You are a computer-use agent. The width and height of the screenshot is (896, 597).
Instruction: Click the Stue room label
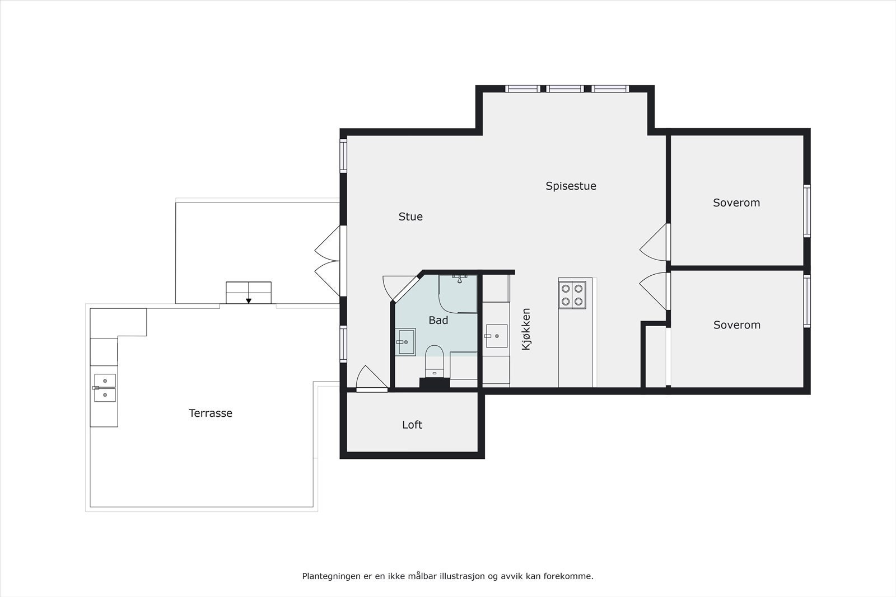(410, 217)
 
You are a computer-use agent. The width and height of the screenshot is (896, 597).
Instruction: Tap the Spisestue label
(571, 186)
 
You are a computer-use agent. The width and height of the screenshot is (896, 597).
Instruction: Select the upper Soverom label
(736, 203)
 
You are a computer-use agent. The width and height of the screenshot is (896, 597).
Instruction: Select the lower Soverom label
(736, 325)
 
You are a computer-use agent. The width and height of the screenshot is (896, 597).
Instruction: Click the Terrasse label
(210, 413)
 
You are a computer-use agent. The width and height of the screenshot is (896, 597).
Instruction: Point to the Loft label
(412, 425)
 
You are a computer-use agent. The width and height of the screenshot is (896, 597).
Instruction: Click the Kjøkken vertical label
(526, 330)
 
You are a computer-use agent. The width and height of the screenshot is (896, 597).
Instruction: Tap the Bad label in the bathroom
(438, 320)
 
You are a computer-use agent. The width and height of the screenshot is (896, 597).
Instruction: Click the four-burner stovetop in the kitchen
(572, 295)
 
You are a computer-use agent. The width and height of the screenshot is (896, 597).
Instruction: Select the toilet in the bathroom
(435, 361)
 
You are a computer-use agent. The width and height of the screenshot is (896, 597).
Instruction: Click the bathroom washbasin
(405, 341)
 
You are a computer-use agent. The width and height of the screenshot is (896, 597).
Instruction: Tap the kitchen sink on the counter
(496, 336)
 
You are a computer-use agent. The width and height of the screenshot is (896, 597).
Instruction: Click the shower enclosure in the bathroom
(458, 293)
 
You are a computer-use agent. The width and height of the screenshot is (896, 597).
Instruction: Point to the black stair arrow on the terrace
(249, 300)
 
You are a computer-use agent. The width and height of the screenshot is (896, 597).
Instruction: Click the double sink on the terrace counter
(105, 388)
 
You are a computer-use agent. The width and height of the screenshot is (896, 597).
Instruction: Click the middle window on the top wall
(565, 88)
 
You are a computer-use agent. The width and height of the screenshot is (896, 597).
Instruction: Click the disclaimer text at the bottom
(447, 576)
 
